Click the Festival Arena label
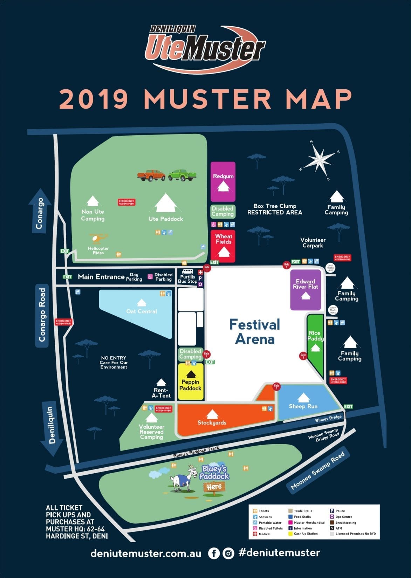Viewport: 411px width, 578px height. [x=255, y=331]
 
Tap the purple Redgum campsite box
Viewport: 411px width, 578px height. [x=223, y=181]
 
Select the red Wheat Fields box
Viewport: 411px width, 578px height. [x=223, y=246]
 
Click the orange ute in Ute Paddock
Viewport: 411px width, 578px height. [x=151, y=175]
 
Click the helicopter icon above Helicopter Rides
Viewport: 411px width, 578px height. [x=98, y=239]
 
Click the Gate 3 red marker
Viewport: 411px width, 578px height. [x=276, y=387]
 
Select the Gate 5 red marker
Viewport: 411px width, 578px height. [x=287, y=265]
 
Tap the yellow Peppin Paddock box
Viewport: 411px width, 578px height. [x=191, y=382]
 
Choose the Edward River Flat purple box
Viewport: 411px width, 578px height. [x=306, y=289]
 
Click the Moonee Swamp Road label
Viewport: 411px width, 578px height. [x=318, y=469]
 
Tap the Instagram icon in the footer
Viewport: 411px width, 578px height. [x=228, y=553]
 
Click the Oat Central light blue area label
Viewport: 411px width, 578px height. [x=141, y=311]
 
